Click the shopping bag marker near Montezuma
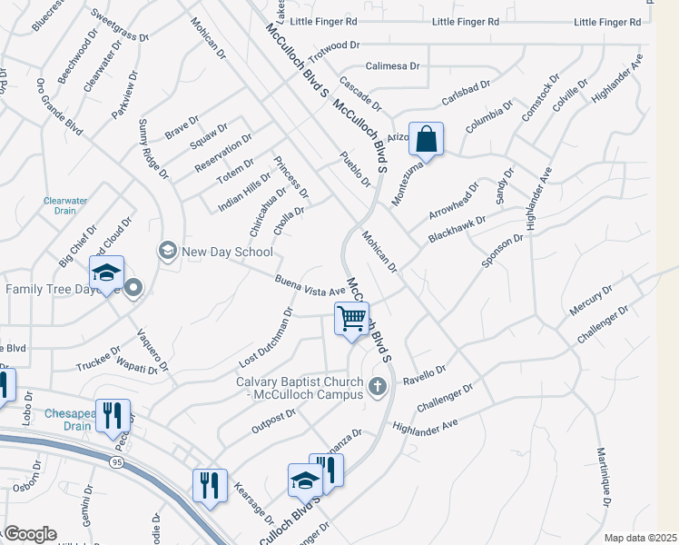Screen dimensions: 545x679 [x=427, y=140]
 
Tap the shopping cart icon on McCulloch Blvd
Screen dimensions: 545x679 [x=351, y=320]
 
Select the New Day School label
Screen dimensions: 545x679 [x=226, y=252]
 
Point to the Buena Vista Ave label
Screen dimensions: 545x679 [x=311, y=284]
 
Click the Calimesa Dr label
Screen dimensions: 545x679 [x=392, y=66]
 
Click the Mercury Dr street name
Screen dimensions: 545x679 [x=591, y=299]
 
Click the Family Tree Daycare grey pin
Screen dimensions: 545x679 [x=134, y=289]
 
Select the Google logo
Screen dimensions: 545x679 [x=29, y=534]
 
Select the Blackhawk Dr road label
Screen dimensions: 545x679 [x=458, y=231]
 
